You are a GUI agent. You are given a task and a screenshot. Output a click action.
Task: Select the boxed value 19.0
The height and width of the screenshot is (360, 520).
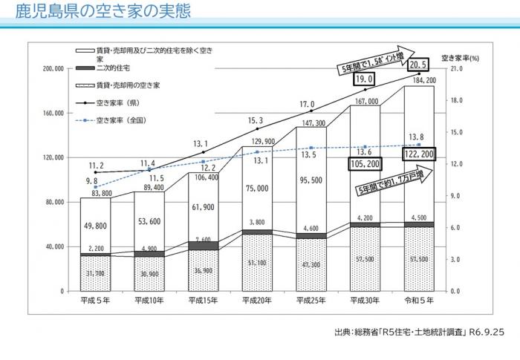pyautogui.click(x=364, y=78)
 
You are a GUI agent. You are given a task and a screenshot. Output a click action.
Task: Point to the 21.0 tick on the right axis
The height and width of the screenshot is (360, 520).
pyautogui.click(x=460, y=69)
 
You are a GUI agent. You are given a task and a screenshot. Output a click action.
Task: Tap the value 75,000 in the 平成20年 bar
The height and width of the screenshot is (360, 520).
pyautogui.click(x=256, y=189)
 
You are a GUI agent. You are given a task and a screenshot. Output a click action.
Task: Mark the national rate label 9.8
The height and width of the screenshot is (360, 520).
pyautogui.click(x=92, y=180)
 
